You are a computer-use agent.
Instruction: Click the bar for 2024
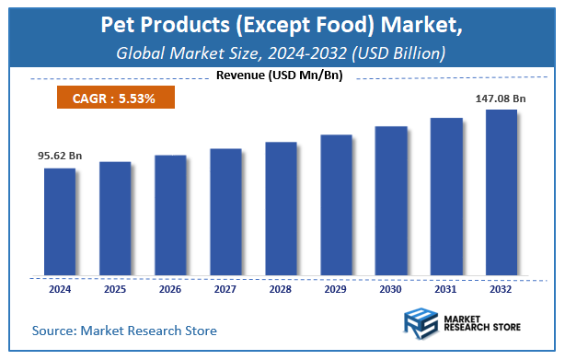point(60,222)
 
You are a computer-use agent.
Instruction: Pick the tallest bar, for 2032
point(502,192)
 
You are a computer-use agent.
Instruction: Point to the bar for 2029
point(336,205)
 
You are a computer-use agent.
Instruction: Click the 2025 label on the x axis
point(115,288)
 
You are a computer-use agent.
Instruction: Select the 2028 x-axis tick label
point(281,288)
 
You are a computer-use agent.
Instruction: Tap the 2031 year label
point(446,288)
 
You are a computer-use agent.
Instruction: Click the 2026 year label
point(170,288)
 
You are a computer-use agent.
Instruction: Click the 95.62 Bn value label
point(60,156)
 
